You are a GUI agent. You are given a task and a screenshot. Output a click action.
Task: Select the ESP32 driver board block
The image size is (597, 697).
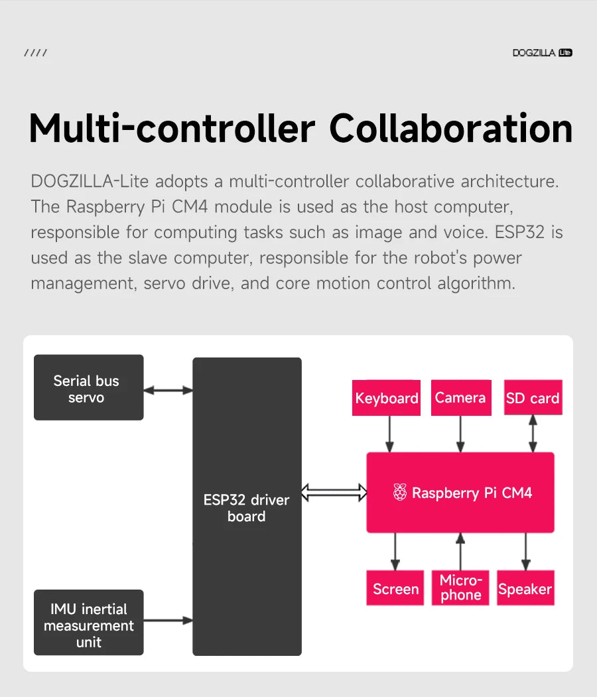[x=247, y=507]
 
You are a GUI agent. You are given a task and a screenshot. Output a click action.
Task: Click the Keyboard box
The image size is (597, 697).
[x=386, y=398]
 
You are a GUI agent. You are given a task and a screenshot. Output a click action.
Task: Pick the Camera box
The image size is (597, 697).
[x=460, y=397]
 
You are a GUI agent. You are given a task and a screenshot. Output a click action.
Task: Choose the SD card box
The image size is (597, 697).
[x=533, y=398]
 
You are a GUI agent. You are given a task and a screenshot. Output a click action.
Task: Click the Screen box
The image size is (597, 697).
[x=395, y=588]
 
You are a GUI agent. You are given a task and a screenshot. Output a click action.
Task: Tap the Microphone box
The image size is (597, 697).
[x=460, y=588]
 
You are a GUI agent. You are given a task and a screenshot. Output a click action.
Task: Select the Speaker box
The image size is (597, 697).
[x=525, y=588]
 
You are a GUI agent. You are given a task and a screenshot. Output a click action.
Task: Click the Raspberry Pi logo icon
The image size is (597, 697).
[x=399, y=492]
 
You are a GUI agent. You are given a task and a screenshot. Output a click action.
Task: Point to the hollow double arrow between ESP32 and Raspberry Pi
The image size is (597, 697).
[x=334, y=492]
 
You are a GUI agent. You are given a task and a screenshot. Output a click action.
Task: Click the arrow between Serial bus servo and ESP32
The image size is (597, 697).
[x=168, y=390]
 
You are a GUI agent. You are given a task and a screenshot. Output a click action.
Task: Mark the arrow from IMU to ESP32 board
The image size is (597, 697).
[x=168, y=621]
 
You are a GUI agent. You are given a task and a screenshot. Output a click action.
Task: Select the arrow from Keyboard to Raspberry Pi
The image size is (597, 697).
[x=390, y=434]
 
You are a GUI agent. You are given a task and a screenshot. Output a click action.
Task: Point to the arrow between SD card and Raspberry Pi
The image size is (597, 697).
[x=533, y=434]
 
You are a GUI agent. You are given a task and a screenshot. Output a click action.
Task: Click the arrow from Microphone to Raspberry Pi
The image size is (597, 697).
[x=460, y=551]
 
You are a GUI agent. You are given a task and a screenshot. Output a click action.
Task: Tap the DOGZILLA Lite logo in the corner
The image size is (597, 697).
[x=542, y=52]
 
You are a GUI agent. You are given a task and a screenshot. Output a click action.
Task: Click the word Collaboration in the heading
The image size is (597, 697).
[x=451, y=129]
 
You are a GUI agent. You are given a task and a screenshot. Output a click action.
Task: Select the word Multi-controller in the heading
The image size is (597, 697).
[x=172, y=129]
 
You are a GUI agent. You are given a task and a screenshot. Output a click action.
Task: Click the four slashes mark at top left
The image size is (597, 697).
[x=35, y=52]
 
